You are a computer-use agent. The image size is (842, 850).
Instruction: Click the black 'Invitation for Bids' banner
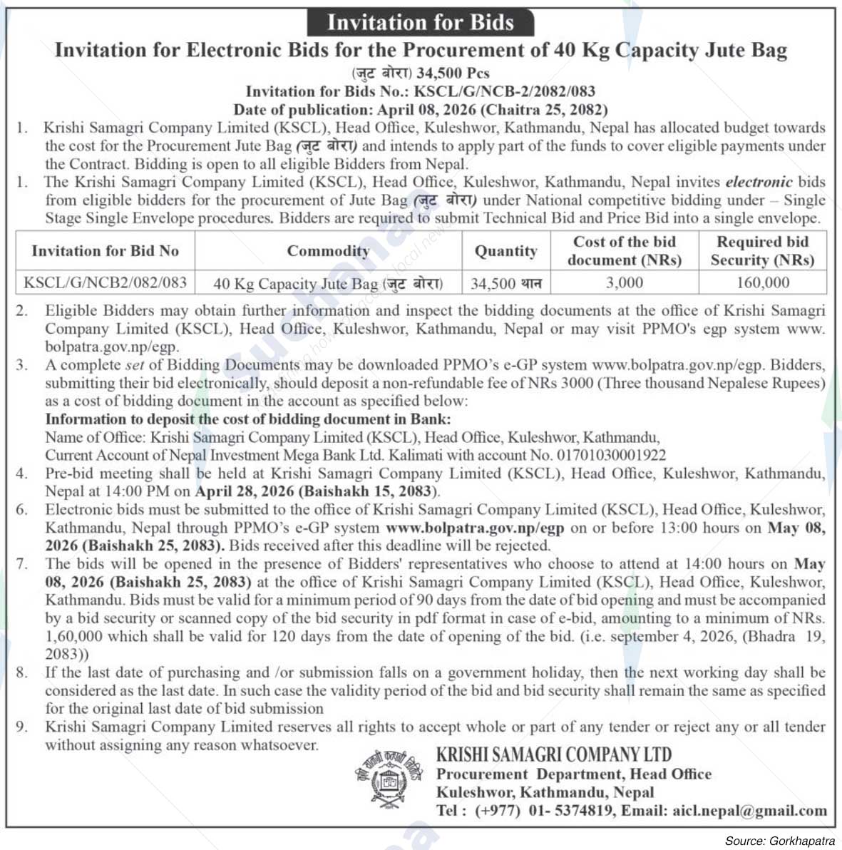(421, 22)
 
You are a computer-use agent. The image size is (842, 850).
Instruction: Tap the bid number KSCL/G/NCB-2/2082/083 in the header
(504, 91)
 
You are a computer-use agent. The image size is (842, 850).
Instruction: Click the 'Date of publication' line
(421, 110)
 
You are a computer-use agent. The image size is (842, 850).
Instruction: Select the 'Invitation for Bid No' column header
(105, 251)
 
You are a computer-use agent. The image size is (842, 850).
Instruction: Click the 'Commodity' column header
(328, 251)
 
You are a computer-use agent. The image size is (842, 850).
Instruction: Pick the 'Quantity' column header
(505, 251)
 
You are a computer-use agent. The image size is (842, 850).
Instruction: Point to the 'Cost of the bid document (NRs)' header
(624, 251)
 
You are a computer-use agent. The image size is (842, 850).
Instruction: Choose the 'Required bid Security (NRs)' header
(762, 251)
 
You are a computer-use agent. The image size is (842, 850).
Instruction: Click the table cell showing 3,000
(624, 283)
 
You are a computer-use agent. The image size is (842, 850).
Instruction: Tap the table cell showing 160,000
(762, 283)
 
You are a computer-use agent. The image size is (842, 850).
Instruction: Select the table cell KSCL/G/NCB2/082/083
(105, 282)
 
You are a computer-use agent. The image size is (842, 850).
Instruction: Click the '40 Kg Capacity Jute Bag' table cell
(328, 284)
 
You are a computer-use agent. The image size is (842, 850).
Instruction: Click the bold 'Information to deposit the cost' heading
(247, 419)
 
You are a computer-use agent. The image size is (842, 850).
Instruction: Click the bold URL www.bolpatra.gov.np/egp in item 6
(475, 528)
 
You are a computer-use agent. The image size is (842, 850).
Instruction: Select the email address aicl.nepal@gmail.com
(749, 811)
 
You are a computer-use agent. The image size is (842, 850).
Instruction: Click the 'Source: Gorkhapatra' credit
(779, 841)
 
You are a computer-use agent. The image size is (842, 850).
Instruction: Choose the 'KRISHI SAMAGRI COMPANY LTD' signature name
(554, 754)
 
